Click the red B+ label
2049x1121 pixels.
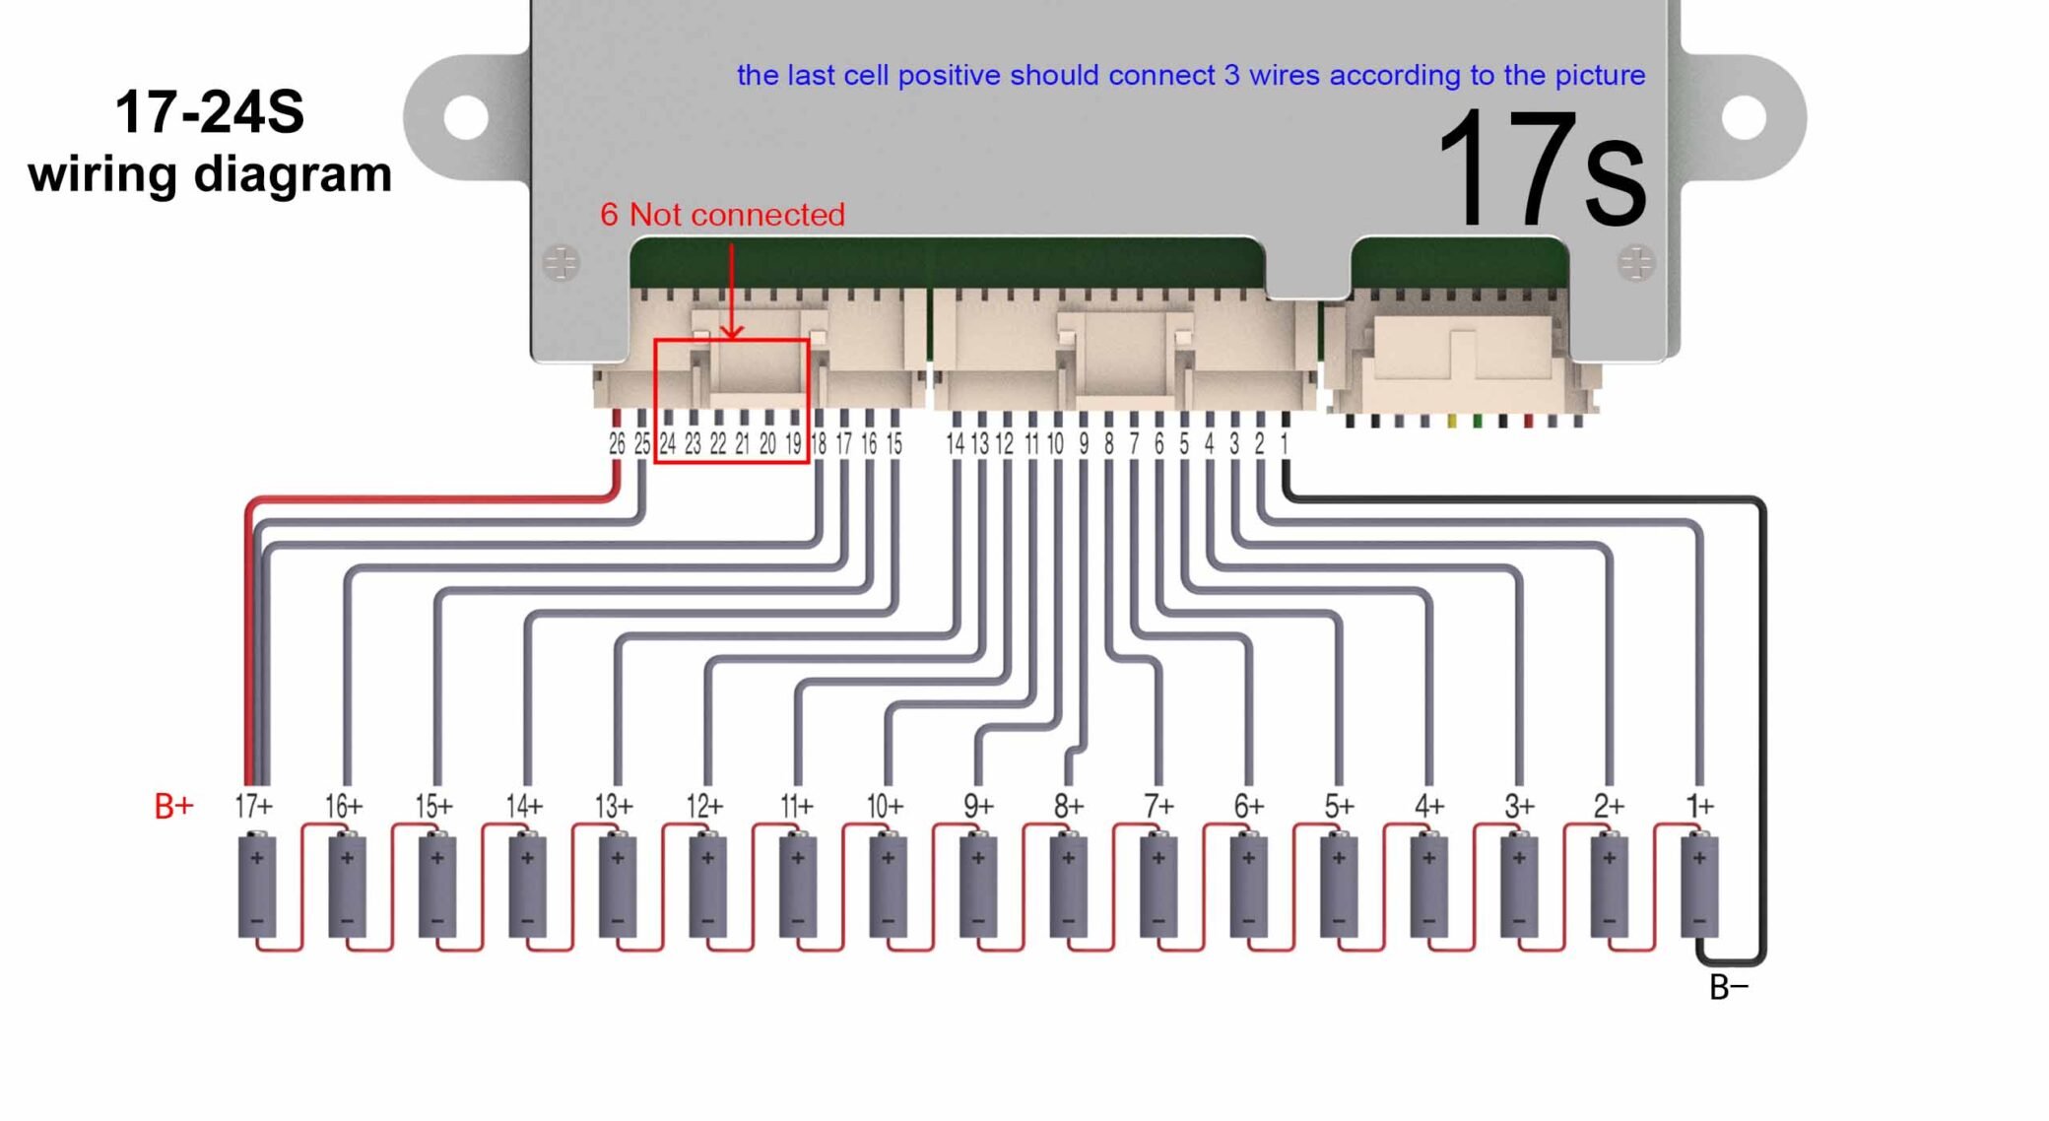[173, 806]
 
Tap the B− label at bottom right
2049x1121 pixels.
[1728, 986]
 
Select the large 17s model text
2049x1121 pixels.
[1541, 169]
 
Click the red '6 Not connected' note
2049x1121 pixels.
[722, 214]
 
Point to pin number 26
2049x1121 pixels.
[617, 444]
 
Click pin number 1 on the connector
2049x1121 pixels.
[1284, 444]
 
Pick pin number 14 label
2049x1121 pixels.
[955, 444]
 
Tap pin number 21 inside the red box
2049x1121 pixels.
[742, 444]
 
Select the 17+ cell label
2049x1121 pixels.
[253, 806]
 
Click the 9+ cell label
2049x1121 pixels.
[977, 806]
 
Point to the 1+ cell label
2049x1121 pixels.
[1699, 806]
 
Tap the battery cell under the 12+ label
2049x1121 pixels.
[707, 886]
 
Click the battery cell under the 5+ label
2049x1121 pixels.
[1339, 886]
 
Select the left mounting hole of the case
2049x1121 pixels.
[466, 118]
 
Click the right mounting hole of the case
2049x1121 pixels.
[1744, 118]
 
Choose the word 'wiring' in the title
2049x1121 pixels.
[102, 174]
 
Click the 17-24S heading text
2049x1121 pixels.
[209, 111]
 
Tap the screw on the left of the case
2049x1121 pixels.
[562, 263]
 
